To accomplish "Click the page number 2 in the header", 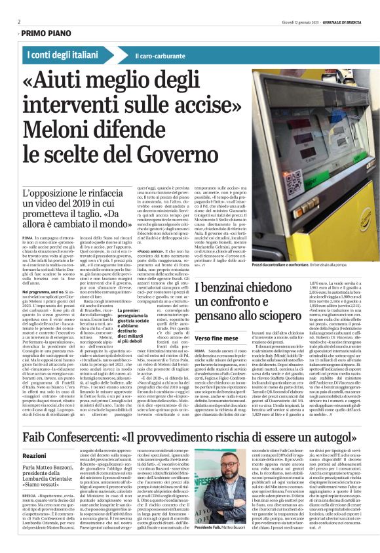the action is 20,21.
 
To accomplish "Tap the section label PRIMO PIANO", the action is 47,32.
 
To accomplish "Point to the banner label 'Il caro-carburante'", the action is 161,56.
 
